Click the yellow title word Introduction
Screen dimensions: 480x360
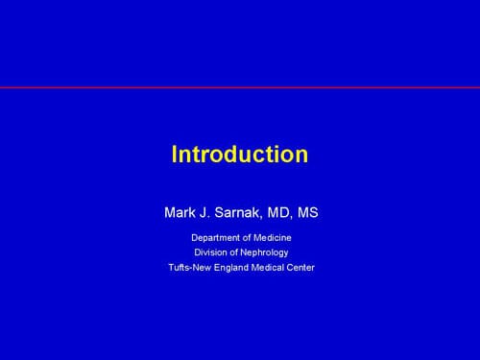(240, 155)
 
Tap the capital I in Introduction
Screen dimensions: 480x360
(175, 155)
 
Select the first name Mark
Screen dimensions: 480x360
(180, 212)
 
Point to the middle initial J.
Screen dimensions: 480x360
(204, 212)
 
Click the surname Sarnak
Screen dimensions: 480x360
(238, 212)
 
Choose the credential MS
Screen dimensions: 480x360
(308, 212)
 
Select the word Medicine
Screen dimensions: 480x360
(273, 238)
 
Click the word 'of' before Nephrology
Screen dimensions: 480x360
(233, 252)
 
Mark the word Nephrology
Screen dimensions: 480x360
(264, 252)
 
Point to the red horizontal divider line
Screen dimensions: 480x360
(240, 87)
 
